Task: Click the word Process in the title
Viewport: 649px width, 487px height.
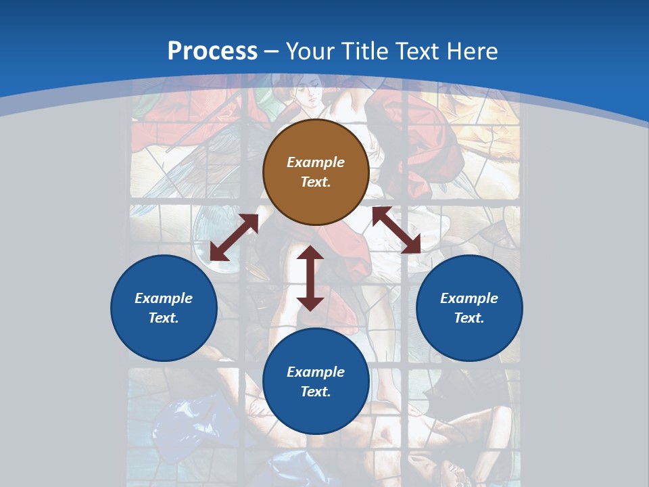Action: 212,51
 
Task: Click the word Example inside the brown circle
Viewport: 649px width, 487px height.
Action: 316,162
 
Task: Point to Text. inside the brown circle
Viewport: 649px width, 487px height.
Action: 316,182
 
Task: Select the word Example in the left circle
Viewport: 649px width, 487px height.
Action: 164,298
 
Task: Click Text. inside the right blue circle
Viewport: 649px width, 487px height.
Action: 469,318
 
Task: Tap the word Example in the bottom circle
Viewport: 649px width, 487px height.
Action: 316,372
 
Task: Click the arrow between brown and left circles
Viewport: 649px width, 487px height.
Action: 234,237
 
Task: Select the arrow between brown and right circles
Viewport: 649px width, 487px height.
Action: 396,230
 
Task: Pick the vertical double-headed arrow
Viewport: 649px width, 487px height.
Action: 310,278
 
